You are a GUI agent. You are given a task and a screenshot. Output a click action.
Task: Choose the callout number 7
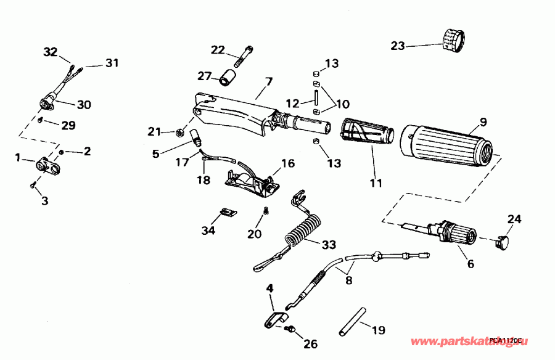(x=268, y=81)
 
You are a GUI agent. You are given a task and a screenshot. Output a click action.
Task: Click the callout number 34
(x=208, y=231)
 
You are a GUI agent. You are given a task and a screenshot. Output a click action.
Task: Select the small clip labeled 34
(x=227, y=213)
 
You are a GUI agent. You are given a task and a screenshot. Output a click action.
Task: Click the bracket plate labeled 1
(x=47, y=166)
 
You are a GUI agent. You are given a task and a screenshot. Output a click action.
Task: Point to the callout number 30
(x=84, y=105)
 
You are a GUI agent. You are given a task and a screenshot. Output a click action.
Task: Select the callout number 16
(x=288, y=163)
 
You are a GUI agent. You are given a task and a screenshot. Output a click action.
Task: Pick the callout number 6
(x=470, y=264)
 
